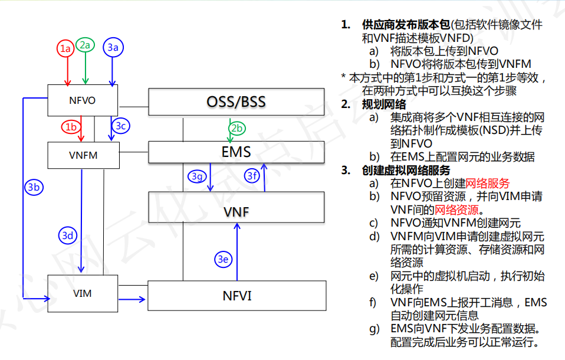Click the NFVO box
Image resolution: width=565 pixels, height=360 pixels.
click(82, 100)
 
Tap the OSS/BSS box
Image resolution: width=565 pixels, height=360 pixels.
click(236, 102)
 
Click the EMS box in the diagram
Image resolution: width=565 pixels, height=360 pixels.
click(236, 152)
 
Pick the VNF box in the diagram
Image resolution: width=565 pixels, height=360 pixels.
click(236, 211)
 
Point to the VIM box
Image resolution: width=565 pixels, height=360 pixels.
click(82, 293)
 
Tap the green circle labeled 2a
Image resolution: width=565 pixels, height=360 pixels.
click(86, 45)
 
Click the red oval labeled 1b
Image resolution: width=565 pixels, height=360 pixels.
click(71, 127)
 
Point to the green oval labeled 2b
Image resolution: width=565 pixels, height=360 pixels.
click(236, 129)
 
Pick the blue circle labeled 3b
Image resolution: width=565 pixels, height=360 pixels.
click(34, 187)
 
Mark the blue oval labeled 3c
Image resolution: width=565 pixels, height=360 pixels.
click(120, 126)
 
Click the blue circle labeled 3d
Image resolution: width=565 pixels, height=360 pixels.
click(69, 235)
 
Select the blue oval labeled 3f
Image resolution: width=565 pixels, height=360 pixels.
click(253, 175)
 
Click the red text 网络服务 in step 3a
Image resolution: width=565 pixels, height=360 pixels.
click(487, 184)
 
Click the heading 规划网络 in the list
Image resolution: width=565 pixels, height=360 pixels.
click(384, 104)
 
